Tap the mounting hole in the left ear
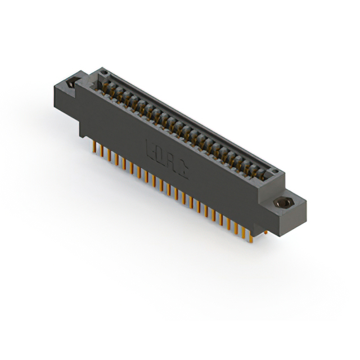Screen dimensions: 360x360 71,84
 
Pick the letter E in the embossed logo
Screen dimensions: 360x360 150,150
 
